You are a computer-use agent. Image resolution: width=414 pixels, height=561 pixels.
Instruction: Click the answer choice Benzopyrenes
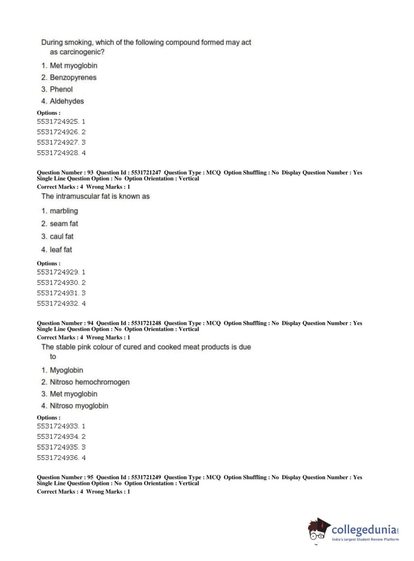tap(73, 77)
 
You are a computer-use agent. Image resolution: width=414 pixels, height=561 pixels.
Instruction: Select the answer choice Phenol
tap(61, 89)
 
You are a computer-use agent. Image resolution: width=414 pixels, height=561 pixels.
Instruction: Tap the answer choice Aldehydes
tap(67, 101)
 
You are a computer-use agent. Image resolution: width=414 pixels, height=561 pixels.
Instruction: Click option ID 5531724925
tap(57, 122)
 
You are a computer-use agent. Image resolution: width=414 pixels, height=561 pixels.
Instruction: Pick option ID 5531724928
tap(57, 153)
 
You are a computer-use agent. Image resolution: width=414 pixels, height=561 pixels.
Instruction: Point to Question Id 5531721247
tap(146, 173)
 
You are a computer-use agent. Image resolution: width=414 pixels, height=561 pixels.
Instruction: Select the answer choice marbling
tap(64, 211)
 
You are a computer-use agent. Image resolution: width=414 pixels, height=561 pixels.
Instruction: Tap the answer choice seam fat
tap(64, 224)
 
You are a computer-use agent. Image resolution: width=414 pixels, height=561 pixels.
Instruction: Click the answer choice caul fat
tap(62, 237)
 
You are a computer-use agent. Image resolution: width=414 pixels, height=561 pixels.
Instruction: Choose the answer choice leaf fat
tap(61, 250)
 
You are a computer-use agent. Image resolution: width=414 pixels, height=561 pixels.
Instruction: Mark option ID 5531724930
tap(57, 283)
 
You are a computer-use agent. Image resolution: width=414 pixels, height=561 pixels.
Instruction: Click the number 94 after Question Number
tap(90, 323)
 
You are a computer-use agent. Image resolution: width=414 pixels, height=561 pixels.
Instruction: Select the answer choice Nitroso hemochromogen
tap(89, 382)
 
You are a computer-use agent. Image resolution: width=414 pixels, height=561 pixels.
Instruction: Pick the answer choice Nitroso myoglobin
tap(79, 406)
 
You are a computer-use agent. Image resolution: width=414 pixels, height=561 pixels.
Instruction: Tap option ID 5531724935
tap(57, 447)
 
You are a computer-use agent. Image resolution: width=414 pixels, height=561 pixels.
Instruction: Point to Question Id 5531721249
tap(146, 477)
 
